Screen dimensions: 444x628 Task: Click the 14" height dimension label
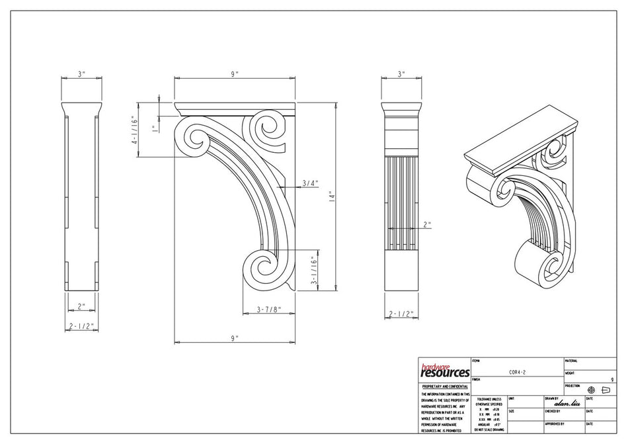(332, 197)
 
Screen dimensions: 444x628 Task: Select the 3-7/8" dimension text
(269, 309)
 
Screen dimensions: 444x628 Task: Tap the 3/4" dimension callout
(310, 183)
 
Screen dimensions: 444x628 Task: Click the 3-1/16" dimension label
(316, 271)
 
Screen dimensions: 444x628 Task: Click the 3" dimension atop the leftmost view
(82, 74)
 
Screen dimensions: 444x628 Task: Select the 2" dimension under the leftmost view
(82, 306)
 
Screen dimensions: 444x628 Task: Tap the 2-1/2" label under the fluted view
(401, 314)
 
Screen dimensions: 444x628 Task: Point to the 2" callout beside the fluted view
(427, 224)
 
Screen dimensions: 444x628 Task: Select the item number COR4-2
(517, 372)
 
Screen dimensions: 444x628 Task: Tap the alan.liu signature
(567, 403)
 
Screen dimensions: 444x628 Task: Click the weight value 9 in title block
(612, 380)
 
